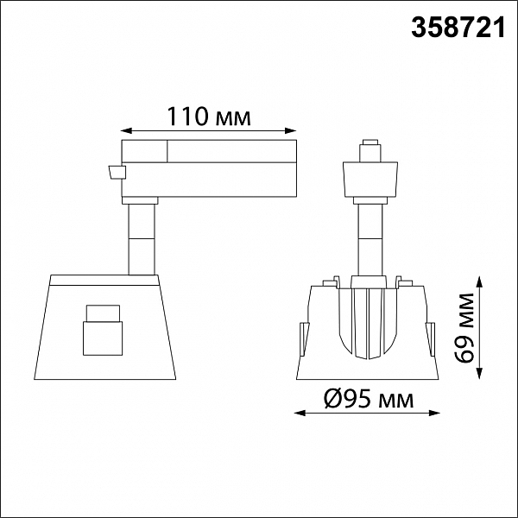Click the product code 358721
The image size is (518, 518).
click(458, 28)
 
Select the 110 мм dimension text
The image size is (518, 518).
click(209, 117)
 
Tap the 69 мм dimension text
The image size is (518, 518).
click(464, 328)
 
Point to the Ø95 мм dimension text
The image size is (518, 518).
click(369, 398)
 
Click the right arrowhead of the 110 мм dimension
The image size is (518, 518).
click(290, 131)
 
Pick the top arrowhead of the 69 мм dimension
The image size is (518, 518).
click(480, 283)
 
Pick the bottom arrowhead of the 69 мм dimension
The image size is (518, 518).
click(480, 373)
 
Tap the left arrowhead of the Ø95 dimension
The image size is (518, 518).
click(300, 413)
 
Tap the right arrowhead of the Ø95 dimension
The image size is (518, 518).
click(434, 413)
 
